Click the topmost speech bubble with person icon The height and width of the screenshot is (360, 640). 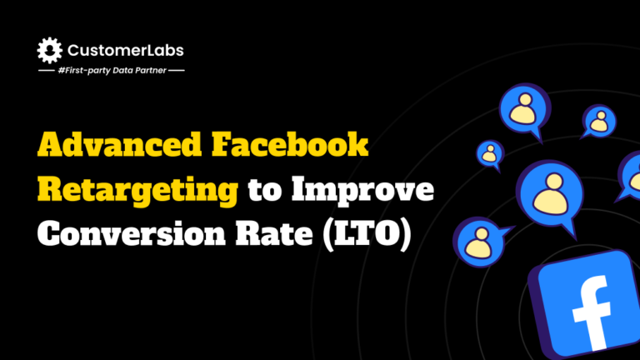pyautogui.click(x=525, y=109)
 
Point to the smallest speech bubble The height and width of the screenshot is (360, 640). pyautogui.click(x=490, y=152)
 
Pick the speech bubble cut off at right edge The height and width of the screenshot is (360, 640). pyautogui.click(x=631, y=176)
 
